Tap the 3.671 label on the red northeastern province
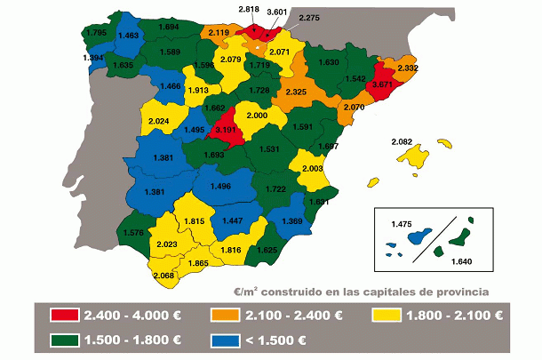(x=382, y=84)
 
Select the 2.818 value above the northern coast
(x=250, y=9)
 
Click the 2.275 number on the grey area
(x=310, y=18)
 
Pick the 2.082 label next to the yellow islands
(x=403, y=141)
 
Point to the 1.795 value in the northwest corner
(x=97, y=33)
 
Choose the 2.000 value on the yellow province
(x=258, y=116)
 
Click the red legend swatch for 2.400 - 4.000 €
(x=58, y=314)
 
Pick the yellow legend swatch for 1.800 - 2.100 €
(x=386, y=314)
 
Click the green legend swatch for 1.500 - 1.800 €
(x=58, y=340)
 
